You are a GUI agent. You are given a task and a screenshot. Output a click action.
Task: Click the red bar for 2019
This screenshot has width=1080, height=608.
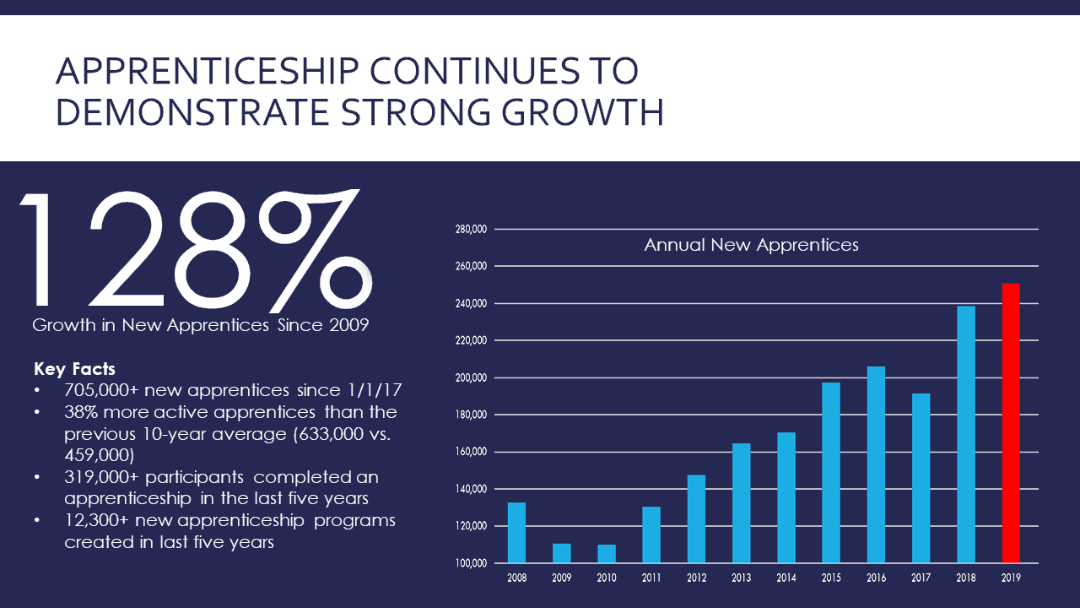tap(1011, 423)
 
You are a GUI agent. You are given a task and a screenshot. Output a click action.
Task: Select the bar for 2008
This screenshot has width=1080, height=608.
tap(516, 533)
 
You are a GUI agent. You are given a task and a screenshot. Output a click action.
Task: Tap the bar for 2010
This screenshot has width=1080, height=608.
tap(607, 554)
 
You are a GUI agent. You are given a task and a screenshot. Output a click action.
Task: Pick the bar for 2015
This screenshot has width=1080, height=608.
tap(831, 473)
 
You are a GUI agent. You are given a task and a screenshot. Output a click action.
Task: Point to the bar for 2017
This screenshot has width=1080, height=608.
tap(921, 478)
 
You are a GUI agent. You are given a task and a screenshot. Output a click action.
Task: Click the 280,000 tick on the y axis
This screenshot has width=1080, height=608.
tap(471, 229)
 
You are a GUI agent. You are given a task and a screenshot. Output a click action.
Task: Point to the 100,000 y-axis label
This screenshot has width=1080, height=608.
tap(471, 563)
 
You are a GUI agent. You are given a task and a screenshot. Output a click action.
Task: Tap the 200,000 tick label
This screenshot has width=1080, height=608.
tap(471, 377)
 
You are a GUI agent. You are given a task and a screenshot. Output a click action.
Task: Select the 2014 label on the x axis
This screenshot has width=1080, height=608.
tap(786, 578)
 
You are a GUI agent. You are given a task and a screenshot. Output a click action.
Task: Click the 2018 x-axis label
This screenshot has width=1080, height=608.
tap(966, 578)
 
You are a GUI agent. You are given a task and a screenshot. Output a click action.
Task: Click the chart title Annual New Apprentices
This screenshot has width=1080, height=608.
tap(751, 245)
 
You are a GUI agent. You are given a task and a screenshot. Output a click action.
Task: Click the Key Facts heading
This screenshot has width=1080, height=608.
tap(74, 369)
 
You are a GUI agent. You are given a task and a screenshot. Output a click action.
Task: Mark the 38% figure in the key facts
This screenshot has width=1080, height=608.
tap(81, 413)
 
